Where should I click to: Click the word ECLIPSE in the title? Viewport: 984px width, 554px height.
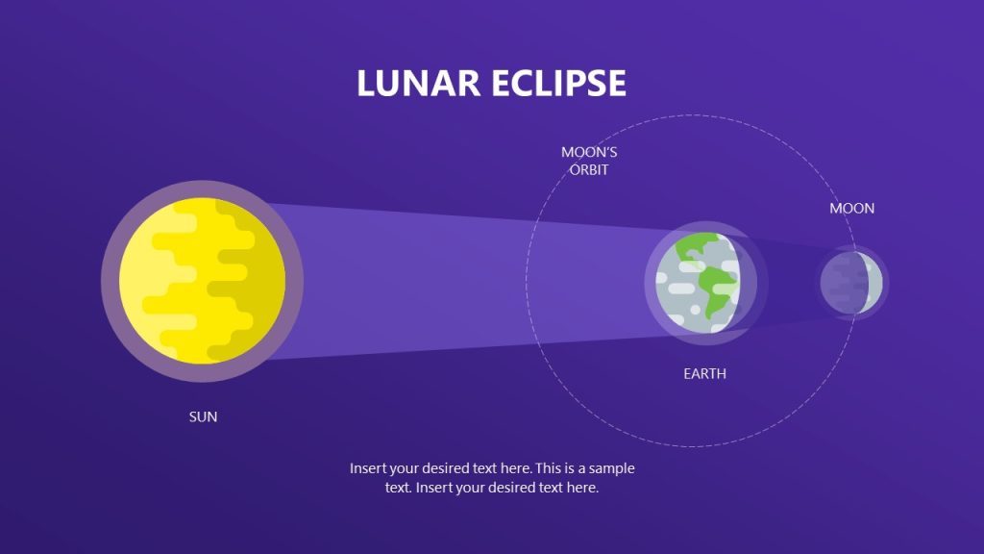point(558,84)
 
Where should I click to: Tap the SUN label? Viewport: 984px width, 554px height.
point(203,416)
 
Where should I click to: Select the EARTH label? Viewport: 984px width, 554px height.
point(704,373)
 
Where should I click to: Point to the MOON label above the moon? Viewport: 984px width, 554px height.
point(852,208)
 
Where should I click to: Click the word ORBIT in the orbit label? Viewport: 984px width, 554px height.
point(588,169)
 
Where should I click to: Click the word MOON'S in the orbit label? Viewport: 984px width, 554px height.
point(589,152)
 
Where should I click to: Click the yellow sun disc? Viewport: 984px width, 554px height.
point(202,281)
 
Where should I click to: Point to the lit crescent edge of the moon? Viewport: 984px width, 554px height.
point(874,283)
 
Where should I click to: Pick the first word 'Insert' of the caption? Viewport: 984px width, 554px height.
point(370,468)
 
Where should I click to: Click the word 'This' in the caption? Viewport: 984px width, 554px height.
point(551,468)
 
